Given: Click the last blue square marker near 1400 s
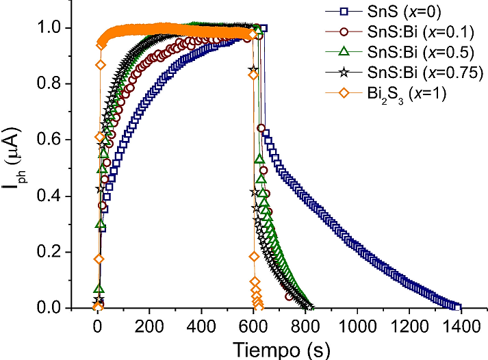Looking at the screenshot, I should (x=458, y=308).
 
